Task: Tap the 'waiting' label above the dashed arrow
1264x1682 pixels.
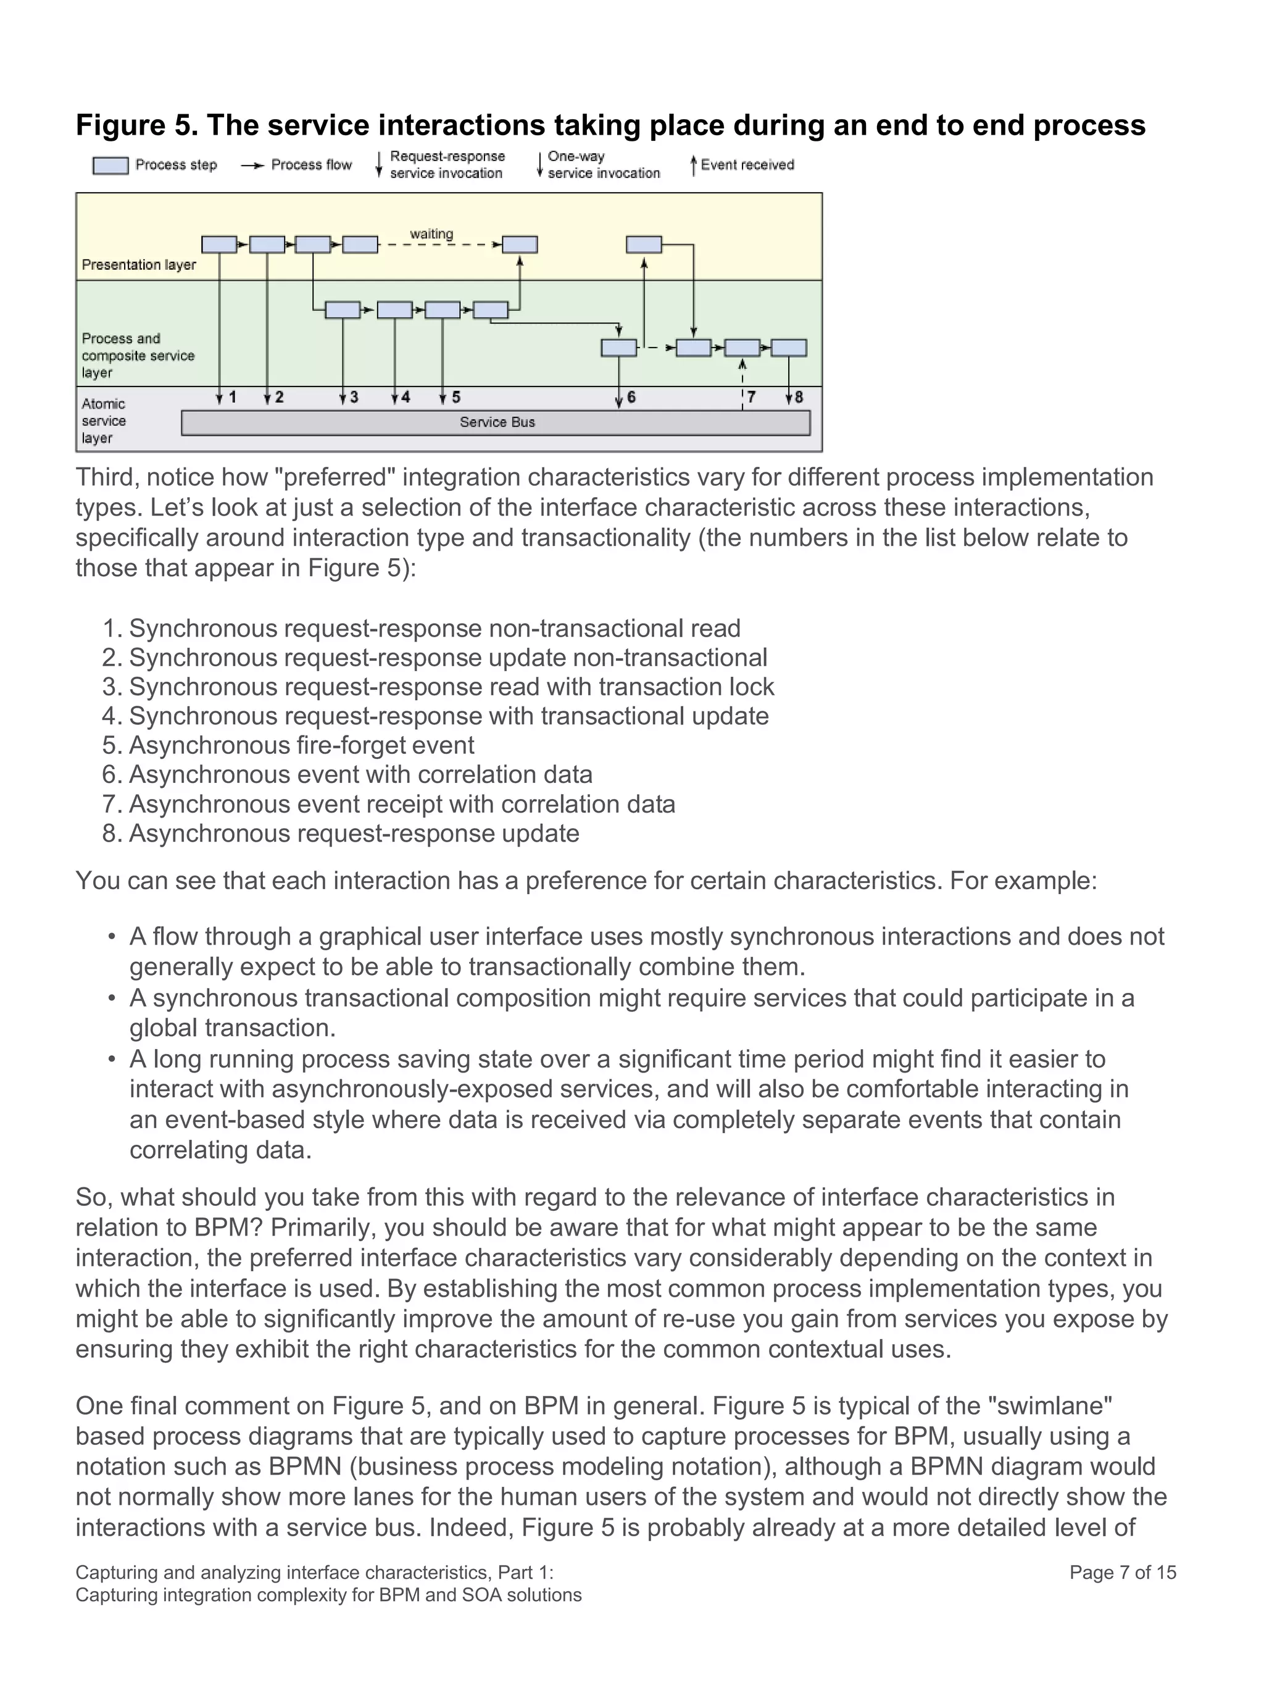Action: coord(431,234)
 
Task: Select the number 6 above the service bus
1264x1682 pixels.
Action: coord(631,398)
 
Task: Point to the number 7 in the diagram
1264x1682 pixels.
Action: coord(752,398)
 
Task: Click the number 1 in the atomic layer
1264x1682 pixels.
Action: coord(233,398)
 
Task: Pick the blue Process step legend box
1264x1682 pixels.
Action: coord(110,165)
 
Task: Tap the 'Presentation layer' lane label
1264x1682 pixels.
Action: coord(138,266)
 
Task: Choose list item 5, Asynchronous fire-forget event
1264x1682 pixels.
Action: coord(301,745)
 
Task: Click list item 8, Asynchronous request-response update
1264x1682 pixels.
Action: coord(354,834)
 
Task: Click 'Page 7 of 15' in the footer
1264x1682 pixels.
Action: coord(1122,1573)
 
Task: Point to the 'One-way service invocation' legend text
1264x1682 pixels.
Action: coord(604,165)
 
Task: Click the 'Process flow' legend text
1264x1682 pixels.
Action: coord(311,165)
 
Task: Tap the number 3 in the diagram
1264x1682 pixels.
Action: coord(354,398)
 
